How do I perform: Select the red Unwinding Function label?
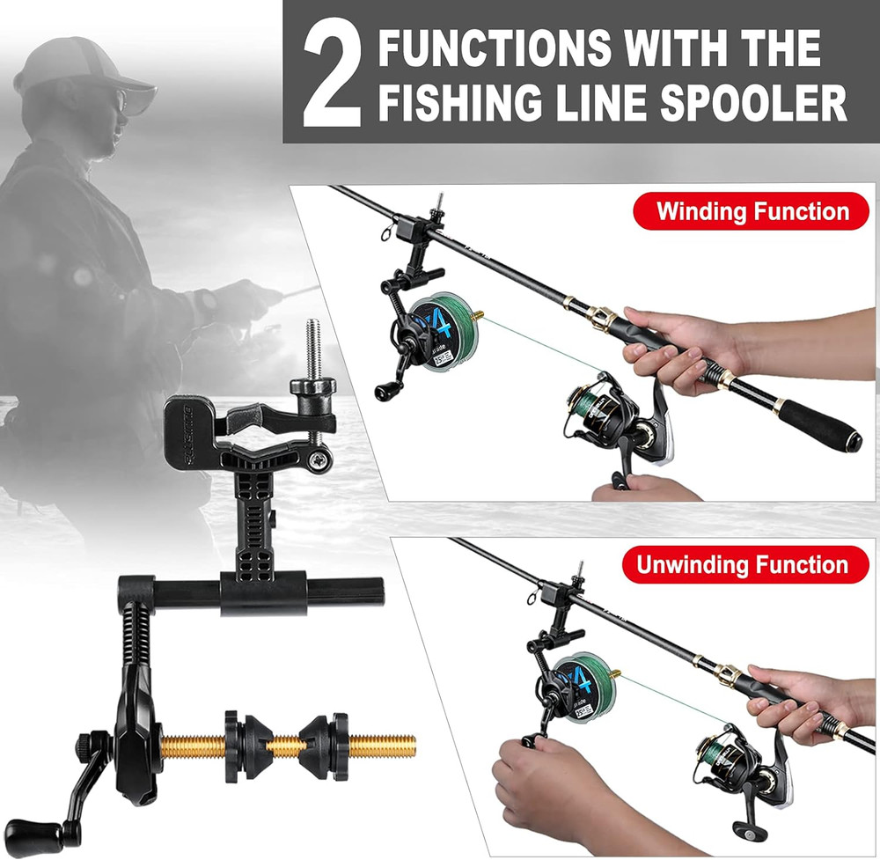click(741, 564)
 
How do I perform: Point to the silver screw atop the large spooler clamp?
click(312, 348)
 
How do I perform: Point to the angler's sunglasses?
click(119, 102)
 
